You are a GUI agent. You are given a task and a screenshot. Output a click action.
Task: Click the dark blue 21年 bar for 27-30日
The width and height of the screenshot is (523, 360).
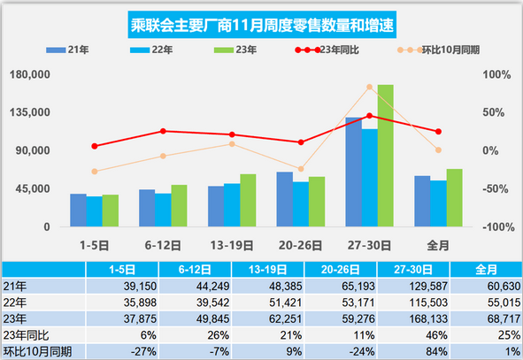(353, 172)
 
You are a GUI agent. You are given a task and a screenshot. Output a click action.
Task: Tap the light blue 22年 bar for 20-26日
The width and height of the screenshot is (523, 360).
(301, 204)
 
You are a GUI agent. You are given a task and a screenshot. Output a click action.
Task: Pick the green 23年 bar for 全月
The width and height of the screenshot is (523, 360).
(455, 197)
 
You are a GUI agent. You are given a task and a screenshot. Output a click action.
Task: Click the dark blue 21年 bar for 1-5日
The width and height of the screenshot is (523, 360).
(78, 211)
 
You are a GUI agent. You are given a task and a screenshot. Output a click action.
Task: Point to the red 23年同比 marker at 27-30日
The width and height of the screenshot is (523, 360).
(369, 115)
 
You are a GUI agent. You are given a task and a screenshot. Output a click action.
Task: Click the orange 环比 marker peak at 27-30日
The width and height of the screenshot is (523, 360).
(369, 86)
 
